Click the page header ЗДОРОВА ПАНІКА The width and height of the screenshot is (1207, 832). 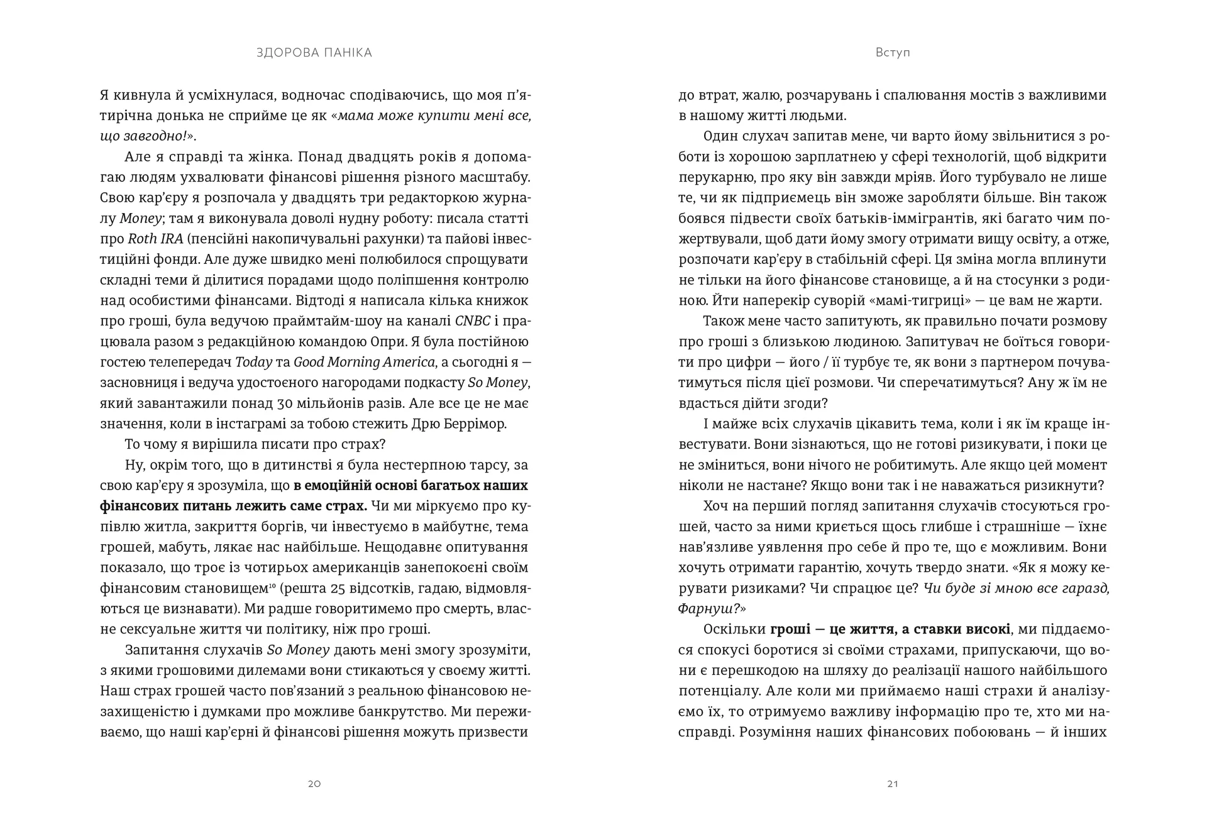pyautogui.click(x=314, y=53)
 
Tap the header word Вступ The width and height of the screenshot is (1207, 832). pyautogui.click(x=893, y=53)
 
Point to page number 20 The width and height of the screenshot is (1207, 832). pyautogui.click(x=314, y=784)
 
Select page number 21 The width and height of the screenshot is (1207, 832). pyautogui.click(x=893, y=784)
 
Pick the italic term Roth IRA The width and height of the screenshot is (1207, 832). pyautogui.click(x=155, y=239)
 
